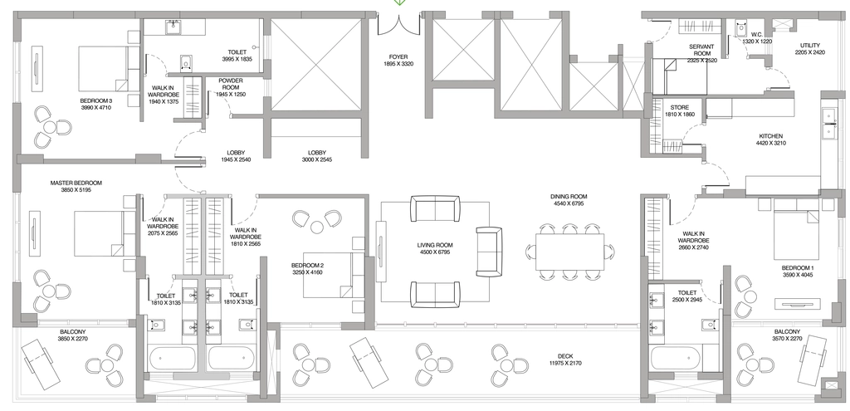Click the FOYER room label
tap(398, 57)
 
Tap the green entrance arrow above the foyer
tap(399, 2)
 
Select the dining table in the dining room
tap(569, 252)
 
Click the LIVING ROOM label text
tap(435, 245)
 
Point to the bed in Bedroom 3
tap(104, 69)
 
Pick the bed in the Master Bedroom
tap(98, 233)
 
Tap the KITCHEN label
tap(770, 136)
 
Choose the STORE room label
tap(679, 107)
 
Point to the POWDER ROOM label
tap(231, 84)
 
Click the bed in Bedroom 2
tap(327, 275)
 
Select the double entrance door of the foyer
tap(399, 26)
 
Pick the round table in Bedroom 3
tap(50, 128)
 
